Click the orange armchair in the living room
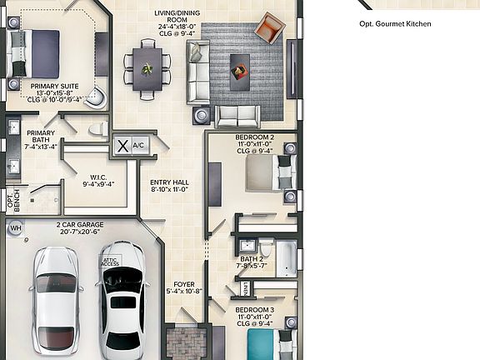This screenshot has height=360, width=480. point(270,28)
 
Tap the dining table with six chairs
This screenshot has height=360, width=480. point(147,67)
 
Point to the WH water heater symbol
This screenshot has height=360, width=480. point(14,228)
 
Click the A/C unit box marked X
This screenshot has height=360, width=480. point(123,145)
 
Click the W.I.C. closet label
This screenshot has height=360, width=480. point(97,180)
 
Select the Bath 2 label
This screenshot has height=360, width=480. point(251,262)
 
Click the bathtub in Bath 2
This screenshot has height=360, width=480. point(285,258)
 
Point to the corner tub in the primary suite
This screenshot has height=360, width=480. point(97,97)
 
